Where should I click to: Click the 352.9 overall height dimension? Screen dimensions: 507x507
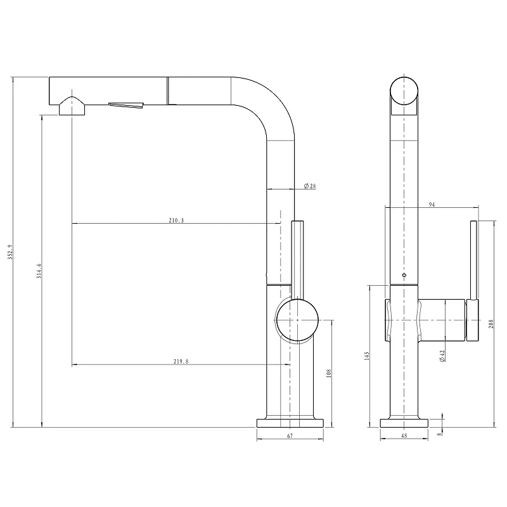10,252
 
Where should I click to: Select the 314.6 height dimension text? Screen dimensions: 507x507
39,271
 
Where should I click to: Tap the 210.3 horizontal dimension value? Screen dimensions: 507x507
176,221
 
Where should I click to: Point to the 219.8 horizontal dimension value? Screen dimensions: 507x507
181,361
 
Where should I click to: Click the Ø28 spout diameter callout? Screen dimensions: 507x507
310,186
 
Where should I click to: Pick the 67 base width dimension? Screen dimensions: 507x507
290,436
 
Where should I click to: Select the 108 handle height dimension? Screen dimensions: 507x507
329,373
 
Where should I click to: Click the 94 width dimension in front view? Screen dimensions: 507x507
432,204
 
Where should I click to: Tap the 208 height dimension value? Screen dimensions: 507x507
491,324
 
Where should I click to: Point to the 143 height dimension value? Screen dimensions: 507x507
366,356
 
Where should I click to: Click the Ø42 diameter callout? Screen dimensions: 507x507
442,356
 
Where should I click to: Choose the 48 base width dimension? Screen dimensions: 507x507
404,436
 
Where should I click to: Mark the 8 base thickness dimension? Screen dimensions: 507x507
439,434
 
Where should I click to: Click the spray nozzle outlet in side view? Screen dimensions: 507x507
72,106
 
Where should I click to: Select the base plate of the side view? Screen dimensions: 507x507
290,423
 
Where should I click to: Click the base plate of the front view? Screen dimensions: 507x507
404,423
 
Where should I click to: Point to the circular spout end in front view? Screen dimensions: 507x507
404,91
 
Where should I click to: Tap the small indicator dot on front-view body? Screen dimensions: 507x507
404,275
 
